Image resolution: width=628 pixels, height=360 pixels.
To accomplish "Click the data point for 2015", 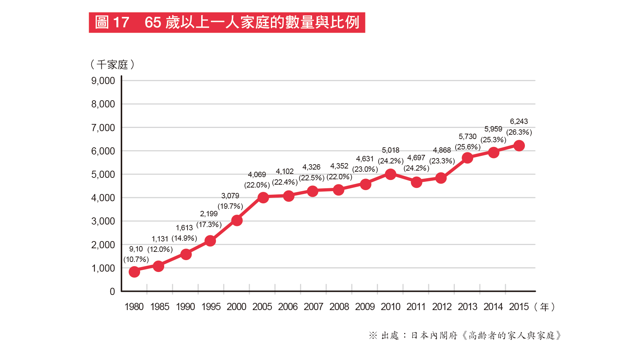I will tap(519, 146).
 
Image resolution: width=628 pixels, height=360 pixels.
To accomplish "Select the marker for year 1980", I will tap(134, 272).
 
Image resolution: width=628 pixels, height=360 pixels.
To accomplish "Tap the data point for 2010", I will tap(391, 175).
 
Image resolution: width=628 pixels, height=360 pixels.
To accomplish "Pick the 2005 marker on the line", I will tap(263, 197).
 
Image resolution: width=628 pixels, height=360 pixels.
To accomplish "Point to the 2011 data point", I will tap(416, 183).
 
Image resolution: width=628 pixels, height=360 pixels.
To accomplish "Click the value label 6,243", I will tap(519, 121).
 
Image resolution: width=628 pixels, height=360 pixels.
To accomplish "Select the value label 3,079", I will tap(230, 196).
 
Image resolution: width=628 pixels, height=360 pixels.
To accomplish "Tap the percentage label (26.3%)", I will tap(519, 132).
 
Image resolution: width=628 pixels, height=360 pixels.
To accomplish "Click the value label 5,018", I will tap(391, 150).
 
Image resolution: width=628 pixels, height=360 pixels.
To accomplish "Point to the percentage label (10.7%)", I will tap(136, 259).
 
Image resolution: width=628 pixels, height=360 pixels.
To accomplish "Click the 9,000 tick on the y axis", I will tap(103, 81).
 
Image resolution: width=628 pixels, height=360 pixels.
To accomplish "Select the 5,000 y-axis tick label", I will tap(103, 175).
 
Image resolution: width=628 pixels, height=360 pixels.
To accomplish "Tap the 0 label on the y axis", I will tap(112, 291).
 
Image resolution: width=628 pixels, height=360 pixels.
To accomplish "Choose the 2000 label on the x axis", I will tap(236, 307).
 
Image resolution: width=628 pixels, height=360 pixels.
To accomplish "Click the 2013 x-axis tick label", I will tap(467, 307).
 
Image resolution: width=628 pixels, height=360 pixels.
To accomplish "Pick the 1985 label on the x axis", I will tap(160, 307).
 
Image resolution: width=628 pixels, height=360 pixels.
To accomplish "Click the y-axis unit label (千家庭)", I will tap(112, 65).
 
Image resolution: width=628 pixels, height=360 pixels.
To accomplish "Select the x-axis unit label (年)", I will tap(545, 307).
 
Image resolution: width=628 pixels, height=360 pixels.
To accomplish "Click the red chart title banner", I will tap(227, 23).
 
